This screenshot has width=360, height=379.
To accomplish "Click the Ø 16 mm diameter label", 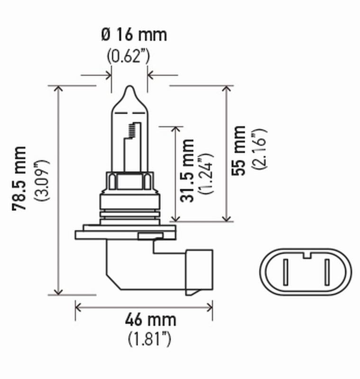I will tap(134, 35).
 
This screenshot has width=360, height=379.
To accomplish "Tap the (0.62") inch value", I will tap(128, 56).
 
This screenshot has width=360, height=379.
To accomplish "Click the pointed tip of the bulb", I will tap(129, 88).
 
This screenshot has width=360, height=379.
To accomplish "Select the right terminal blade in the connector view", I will tap(327, 273).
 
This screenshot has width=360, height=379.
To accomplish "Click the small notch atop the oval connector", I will tap(306, 256).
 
